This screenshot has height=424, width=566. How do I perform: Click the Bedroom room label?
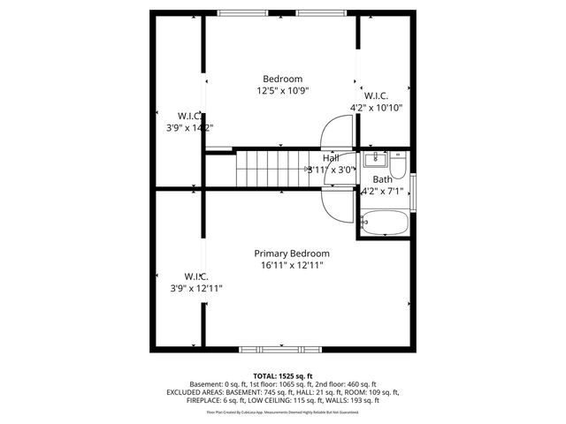(283, 78)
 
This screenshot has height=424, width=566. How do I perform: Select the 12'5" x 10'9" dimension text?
(283, 90)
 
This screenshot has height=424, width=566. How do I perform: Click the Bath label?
(382, 179)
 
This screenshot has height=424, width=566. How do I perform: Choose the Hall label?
(331, 158)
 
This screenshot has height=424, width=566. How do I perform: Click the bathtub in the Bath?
(385, 223)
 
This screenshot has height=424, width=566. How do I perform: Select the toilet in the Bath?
(398, 163)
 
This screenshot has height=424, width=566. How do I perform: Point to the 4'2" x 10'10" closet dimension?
(377, 108)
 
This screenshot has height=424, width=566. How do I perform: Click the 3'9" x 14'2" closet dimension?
(191, 127)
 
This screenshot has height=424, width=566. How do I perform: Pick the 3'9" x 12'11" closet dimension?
(197, 288)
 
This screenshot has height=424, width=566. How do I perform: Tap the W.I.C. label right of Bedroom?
(376, 95)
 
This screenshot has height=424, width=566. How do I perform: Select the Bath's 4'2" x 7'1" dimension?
(382, 191)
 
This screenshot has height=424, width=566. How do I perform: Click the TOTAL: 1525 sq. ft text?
(283, 376)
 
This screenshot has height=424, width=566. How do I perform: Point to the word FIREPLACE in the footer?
(206, 400)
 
